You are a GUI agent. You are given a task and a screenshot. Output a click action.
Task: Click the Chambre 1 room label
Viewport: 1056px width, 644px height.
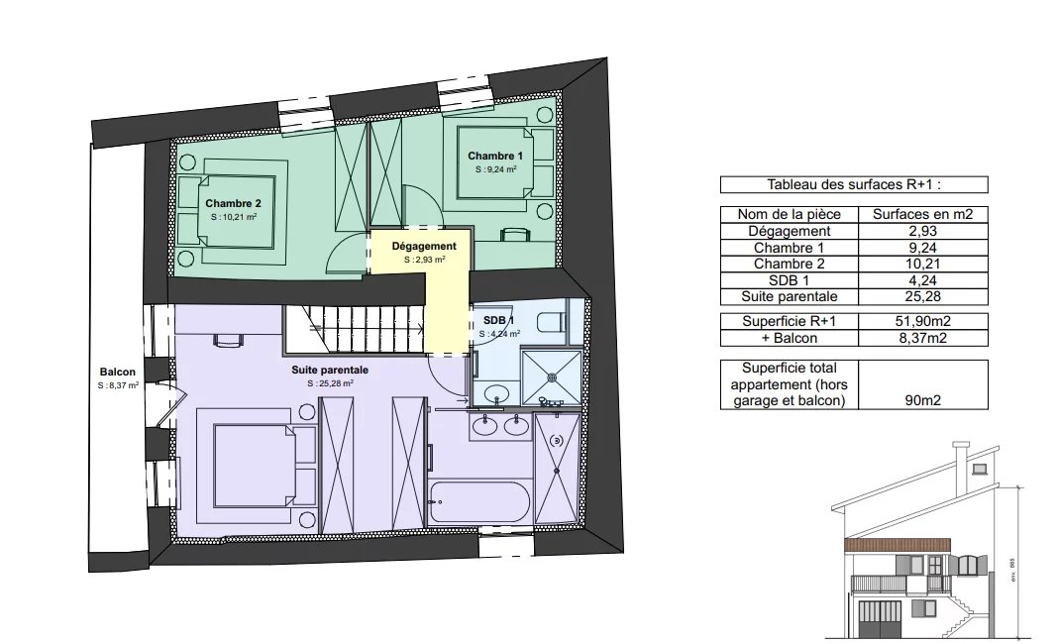click(x=495, y=156)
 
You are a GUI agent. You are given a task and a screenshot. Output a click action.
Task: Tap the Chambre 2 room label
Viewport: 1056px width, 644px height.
click(x=233, y=203)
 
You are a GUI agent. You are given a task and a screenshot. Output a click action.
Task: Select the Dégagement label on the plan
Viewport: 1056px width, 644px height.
click(x=424, y=247)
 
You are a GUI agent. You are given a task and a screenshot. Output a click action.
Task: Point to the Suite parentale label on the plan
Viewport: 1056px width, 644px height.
click(x=330, y=370)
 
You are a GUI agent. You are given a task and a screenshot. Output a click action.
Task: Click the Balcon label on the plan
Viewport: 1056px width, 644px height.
click(x=118, y=372)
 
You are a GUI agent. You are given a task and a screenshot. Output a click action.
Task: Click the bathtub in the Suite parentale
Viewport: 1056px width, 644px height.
click(x=478, y=502)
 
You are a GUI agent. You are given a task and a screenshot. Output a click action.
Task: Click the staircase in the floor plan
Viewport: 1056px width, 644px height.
click(x=355, y=329)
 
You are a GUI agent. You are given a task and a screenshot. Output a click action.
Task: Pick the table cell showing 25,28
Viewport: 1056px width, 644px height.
click(x=923, y=296)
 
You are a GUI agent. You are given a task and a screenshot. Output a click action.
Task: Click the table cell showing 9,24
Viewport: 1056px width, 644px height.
click(x=923, y=248)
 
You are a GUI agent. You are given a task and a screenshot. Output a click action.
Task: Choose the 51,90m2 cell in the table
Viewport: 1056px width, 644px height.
click(x=923, y=321)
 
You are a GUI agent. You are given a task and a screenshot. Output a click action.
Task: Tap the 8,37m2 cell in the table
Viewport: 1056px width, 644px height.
click(x=923, y=338)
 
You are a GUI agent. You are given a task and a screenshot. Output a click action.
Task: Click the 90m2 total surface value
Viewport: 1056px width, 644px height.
click(x=923, y=400)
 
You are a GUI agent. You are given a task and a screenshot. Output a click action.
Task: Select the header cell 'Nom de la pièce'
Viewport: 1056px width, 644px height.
click(x=790, y=214)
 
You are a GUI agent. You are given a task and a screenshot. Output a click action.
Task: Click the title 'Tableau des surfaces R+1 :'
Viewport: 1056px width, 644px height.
click(x=854, y=184)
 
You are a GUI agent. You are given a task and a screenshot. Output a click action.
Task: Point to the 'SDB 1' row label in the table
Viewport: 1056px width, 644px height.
click(x=790, y=280)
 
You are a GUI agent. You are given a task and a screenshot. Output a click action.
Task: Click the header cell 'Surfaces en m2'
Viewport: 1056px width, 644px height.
click(x=923, y=214)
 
